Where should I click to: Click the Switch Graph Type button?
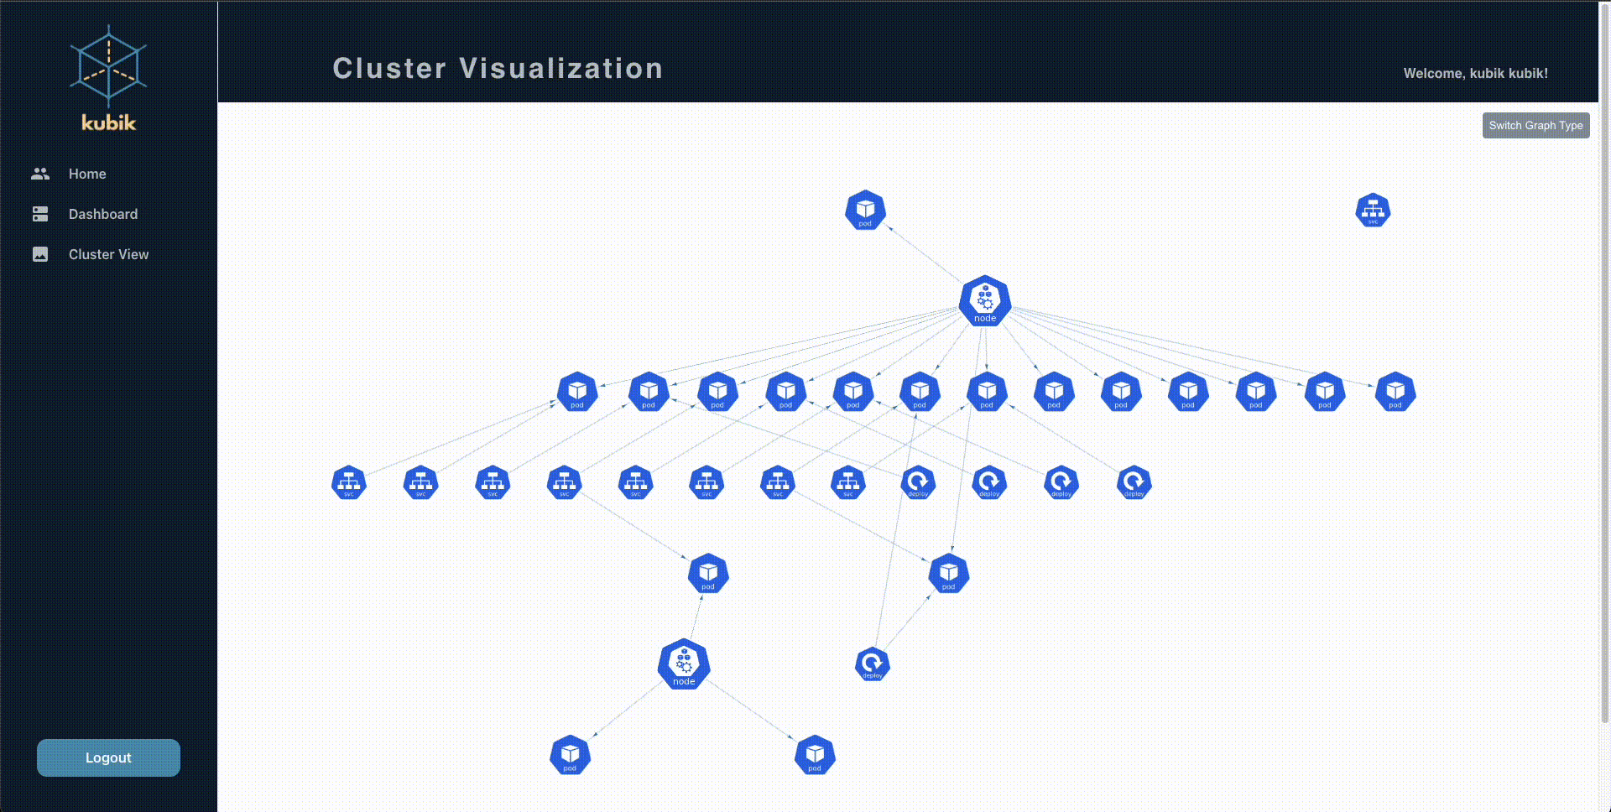1535,126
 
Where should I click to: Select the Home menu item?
87,174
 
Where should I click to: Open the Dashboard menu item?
102,214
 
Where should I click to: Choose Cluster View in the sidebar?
108,254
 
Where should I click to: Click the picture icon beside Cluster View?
40,254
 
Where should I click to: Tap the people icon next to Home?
40,174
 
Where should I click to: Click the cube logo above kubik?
108,65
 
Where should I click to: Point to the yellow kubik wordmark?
108,122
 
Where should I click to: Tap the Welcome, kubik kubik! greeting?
1475,74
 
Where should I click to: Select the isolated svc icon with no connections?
1373,210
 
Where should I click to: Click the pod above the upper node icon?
865,210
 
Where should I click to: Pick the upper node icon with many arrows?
985,300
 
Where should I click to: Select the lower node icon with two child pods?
684,664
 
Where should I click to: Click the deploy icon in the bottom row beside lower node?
873,664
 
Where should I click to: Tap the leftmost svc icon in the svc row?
349,482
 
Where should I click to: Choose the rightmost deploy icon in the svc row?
1134,482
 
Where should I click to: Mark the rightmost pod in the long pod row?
1395,392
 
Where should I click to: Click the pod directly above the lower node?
708,574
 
